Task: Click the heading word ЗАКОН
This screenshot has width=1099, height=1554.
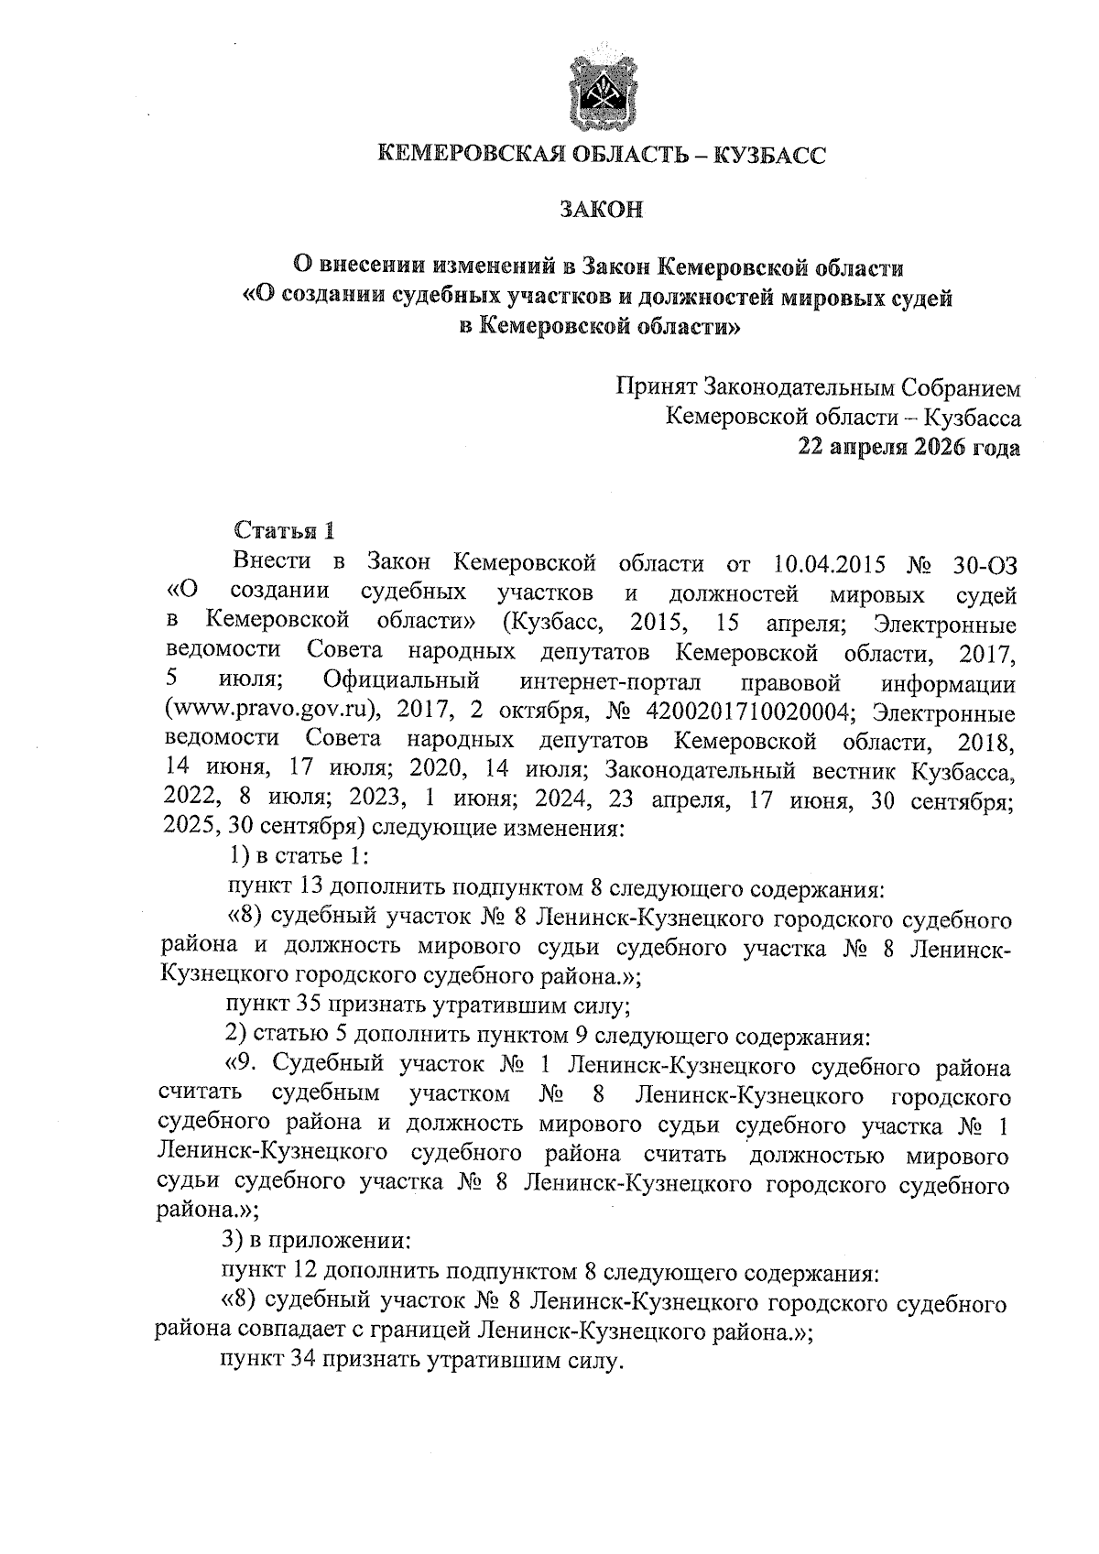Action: point(603,210)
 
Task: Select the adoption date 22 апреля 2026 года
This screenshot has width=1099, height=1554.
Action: point(908,448)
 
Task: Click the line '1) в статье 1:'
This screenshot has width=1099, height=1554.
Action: point(297,857)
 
